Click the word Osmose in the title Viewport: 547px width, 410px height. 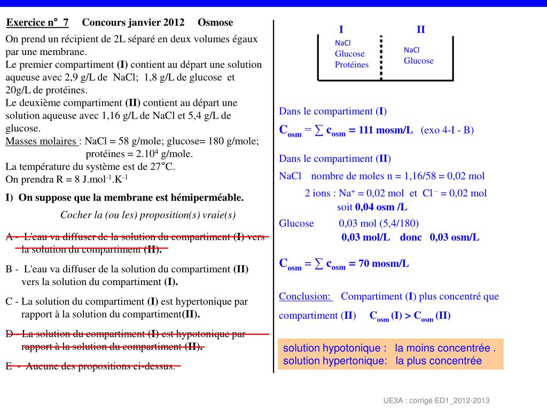(x=215, y=22)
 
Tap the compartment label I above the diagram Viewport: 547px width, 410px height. (x=341, y=29)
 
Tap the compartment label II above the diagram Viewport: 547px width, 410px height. (x=421, y=29)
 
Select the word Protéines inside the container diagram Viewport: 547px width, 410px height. (x=351, y=65)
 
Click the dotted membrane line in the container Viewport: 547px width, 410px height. (x=381, y=58)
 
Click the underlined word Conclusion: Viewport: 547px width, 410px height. (x=305, y=296)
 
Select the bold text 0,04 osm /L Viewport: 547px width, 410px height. (x=381, y=207)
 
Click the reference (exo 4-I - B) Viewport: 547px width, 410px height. (x=447, y=130)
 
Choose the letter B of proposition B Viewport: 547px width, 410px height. (x=9, y=270)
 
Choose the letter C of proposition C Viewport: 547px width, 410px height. (x=9, y=302)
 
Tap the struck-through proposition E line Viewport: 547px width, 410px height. (x=91, y=366)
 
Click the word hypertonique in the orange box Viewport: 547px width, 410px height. (x=357, y=361)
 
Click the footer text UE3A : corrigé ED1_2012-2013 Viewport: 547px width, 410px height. (x=436, y=400)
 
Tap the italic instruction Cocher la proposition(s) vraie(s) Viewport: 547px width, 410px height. (x=148, y=215)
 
